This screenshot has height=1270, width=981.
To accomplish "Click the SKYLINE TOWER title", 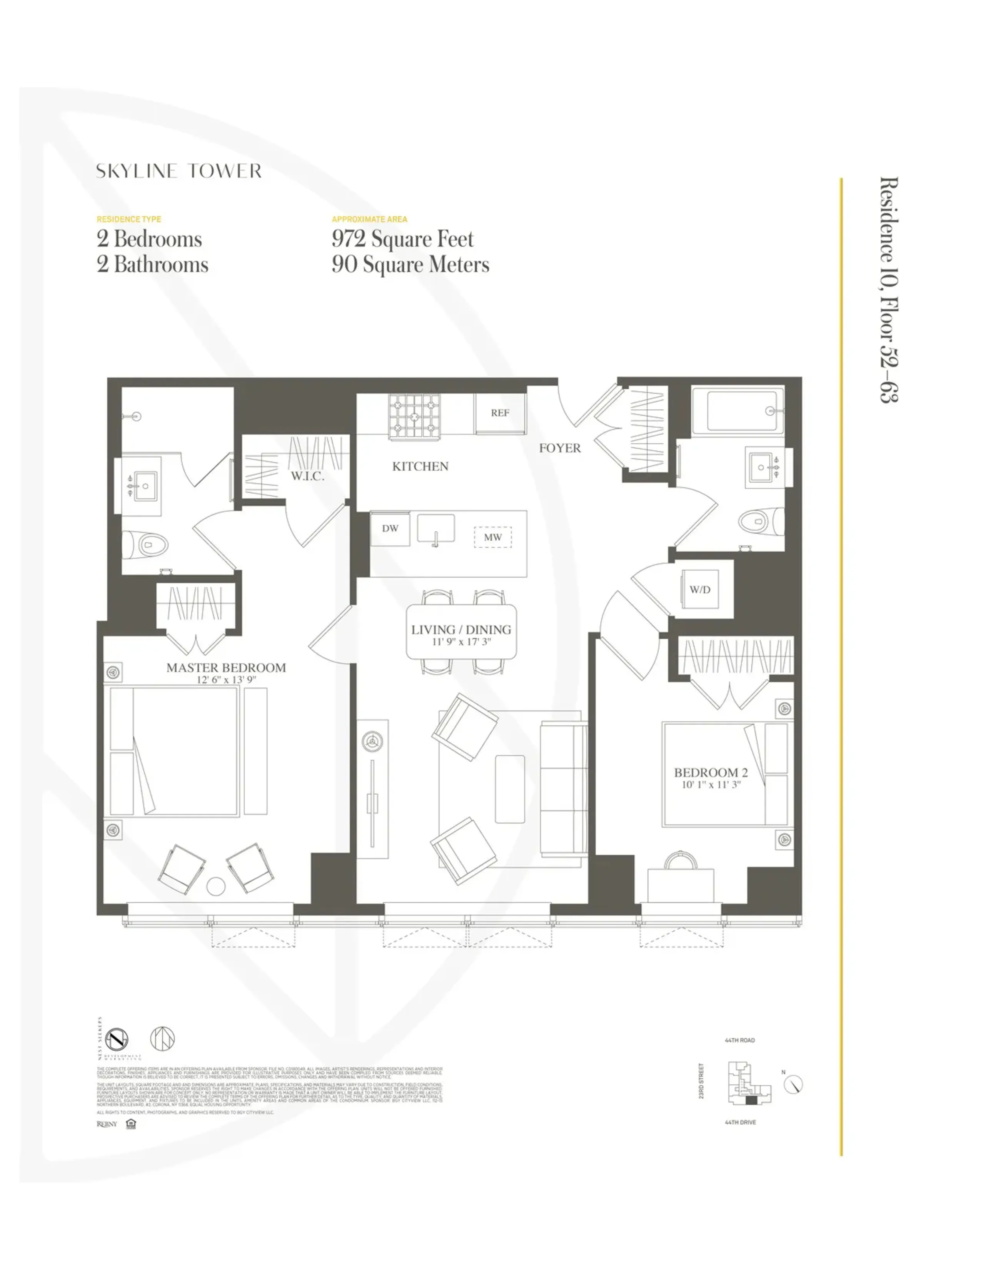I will [x=179, y=171].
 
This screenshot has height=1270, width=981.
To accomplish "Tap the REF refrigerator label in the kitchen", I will [x=499, y=413].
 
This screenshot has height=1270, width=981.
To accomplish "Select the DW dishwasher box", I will [x=390, y=528].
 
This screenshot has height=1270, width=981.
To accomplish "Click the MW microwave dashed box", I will [x=492, y=537].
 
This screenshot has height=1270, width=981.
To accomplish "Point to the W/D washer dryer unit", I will [x=700, y=589].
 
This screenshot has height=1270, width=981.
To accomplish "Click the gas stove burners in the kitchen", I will [x=414, y=416].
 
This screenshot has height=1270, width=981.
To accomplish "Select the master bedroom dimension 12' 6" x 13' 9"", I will [x=226, y=679].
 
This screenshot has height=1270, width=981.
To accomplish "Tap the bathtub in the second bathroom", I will [x=737, y=411].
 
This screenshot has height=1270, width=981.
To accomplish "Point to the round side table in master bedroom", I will [x=215, y=886].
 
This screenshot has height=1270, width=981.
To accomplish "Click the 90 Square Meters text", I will [x=410, y=265].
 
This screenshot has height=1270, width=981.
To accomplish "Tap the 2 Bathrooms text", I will [x=152, y=265].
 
